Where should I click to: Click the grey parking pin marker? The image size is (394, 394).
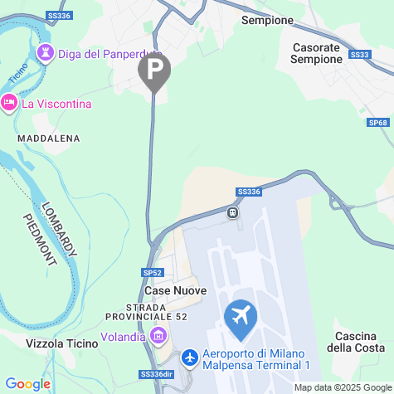(153, 71)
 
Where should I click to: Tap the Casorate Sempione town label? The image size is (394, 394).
(317, 53)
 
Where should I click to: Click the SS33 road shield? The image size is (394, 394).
(360, 55)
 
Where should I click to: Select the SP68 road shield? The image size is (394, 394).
(377, 123)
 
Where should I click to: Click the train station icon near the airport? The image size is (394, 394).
(233, 212)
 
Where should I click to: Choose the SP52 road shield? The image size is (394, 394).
(152, 272)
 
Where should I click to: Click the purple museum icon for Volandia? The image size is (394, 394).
(158, 336)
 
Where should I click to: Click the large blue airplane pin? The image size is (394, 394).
(241, 319)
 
